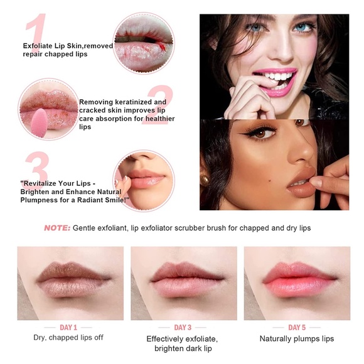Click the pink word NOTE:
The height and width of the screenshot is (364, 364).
pos(57,228)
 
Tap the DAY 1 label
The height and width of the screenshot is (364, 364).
pos(68,328)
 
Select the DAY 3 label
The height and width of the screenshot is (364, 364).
pos(183,328)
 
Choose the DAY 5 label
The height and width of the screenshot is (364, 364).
pos(297,328)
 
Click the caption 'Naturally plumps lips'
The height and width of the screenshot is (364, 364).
pos(297,339)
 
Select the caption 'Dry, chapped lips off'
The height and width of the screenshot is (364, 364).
pos(68,338)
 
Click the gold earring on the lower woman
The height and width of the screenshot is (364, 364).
pos(205,180)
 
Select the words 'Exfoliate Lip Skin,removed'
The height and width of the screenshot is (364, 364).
pos(67,46)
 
